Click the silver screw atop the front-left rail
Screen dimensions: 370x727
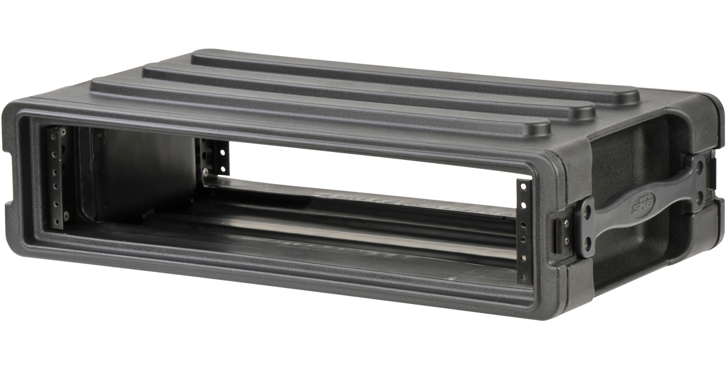point(62,131)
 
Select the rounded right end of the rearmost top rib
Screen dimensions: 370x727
point(627,96)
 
